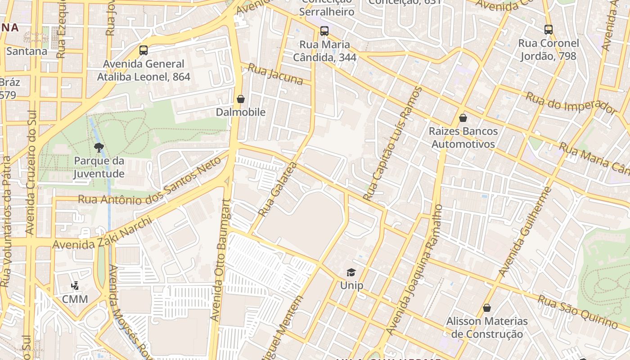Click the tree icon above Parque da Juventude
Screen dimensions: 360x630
99,147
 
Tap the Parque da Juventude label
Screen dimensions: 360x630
99,167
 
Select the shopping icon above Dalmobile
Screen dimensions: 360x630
241,99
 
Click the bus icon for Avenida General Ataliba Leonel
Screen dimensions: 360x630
144,50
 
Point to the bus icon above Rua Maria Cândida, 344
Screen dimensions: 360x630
324,31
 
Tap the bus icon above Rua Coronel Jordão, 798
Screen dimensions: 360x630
549,30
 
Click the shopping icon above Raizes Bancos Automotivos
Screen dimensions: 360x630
463,118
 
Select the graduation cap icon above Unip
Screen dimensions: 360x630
351,272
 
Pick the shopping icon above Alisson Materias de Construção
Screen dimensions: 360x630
486,308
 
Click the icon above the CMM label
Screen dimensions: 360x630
75,286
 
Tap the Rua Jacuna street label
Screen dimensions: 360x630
275,74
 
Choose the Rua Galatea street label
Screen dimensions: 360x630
278,189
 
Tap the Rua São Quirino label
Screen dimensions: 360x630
578,312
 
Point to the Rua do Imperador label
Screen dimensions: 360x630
571,103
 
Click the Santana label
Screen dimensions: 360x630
27,51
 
